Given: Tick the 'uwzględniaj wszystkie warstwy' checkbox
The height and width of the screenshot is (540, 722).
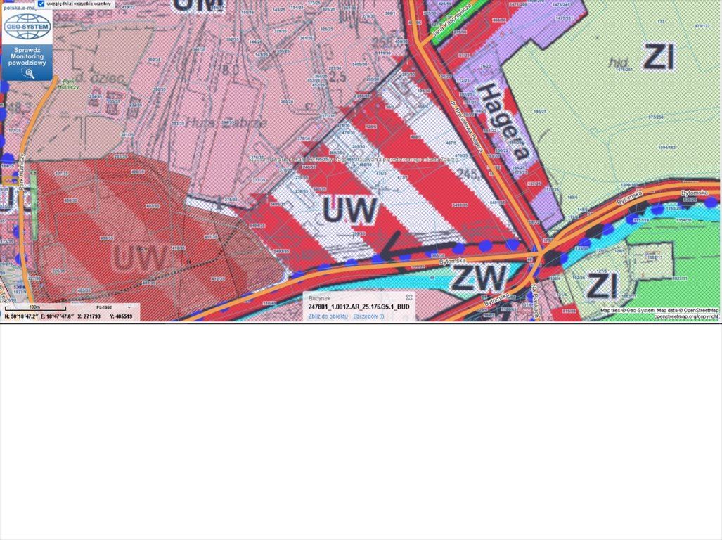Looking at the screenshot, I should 41,4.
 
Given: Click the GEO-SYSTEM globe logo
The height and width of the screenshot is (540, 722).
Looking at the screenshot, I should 27,27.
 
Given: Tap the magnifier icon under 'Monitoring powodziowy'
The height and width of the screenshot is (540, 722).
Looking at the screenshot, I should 29,72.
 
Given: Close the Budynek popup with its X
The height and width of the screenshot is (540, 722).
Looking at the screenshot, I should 409,297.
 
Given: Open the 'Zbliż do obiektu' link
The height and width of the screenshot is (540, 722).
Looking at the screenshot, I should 328,316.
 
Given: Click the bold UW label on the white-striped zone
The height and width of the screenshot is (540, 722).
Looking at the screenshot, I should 350,210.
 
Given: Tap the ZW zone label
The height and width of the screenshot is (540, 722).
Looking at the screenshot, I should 478,277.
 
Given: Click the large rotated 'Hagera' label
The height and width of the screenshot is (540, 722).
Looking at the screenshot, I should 502,120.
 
